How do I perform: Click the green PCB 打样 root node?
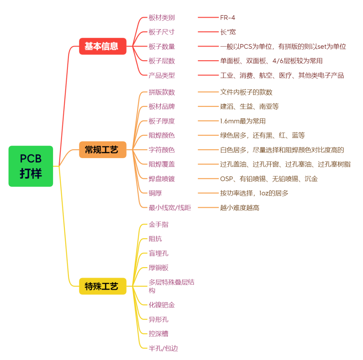[x=31, y=166]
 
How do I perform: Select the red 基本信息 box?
[x=103, y=46]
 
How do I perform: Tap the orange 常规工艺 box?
[x=103, y=150]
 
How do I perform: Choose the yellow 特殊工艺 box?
[x=103, y=286]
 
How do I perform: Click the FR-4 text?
[x=228, y=17]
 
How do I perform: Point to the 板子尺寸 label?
[x=162, y=32]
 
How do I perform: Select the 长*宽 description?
[x=228, y=32]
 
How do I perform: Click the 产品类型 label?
[x=162, y=75]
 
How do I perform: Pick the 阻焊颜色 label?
[x=162, y=136]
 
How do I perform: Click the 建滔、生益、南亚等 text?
[x=249, y=107]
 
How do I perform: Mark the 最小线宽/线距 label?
[x=170, y=208]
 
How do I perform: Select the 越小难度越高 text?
[x=240, y=208]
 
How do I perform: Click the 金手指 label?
[x=158, y=224]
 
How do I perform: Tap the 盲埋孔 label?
[x=158, y=253]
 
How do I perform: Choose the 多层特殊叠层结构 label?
[x=171, y=286]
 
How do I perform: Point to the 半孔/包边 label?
[x=163, y=348]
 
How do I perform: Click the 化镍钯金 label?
[x=162, y=305]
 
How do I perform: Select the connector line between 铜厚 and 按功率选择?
[x=208, y=193]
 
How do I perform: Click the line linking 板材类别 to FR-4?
[x=208, y=17]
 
